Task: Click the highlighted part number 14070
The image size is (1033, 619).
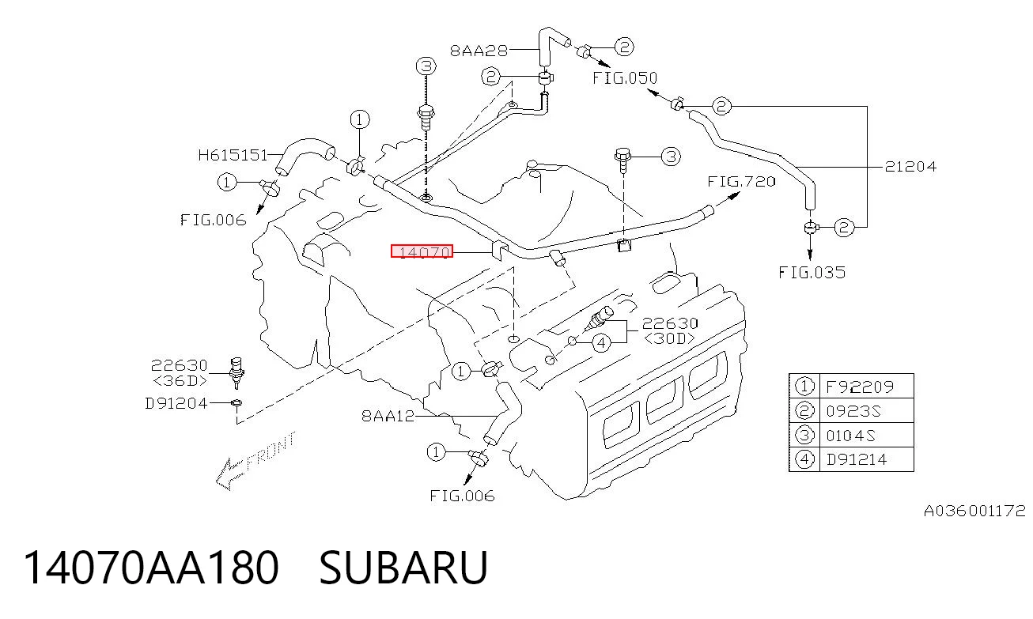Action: tap(422, 251)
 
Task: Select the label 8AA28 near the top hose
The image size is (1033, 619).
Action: tap(479, 51)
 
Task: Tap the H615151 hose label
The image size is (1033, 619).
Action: tap(233, 155)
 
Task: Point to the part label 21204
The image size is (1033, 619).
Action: tap(910, 166)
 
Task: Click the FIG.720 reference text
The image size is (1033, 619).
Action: tap(742, 181)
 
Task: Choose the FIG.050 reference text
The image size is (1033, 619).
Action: tap(625, 78)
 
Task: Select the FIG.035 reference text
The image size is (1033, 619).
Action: tap(812, 273)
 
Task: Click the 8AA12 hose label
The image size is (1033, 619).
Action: tap(388, 416)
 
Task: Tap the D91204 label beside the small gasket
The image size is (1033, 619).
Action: tap(176, 403)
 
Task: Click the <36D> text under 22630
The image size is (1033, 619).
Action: tap(180, 381)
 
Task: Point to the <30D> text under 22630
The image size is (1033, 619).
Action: tap(669, 339)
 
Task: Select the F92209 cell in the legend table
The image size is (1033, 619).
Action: tap(860, 387)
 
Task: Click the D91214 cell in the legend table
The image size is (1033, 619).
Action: tap(857, 459)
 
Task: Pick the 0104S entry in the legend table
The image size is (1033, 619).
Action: tap(850, 436)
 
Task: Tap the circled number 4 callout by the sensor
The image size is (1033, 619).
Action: tap(601, 343)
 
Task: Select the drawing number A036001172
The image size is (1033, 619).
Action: tap(974, 511)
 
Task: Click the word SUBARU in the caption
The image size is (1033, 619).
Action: tap(403, 567)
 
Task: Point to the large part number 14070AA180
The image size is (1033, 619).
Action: tap(151, 567)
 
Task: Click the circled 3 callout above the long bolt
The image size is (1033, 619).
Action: tap(426, 66)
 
